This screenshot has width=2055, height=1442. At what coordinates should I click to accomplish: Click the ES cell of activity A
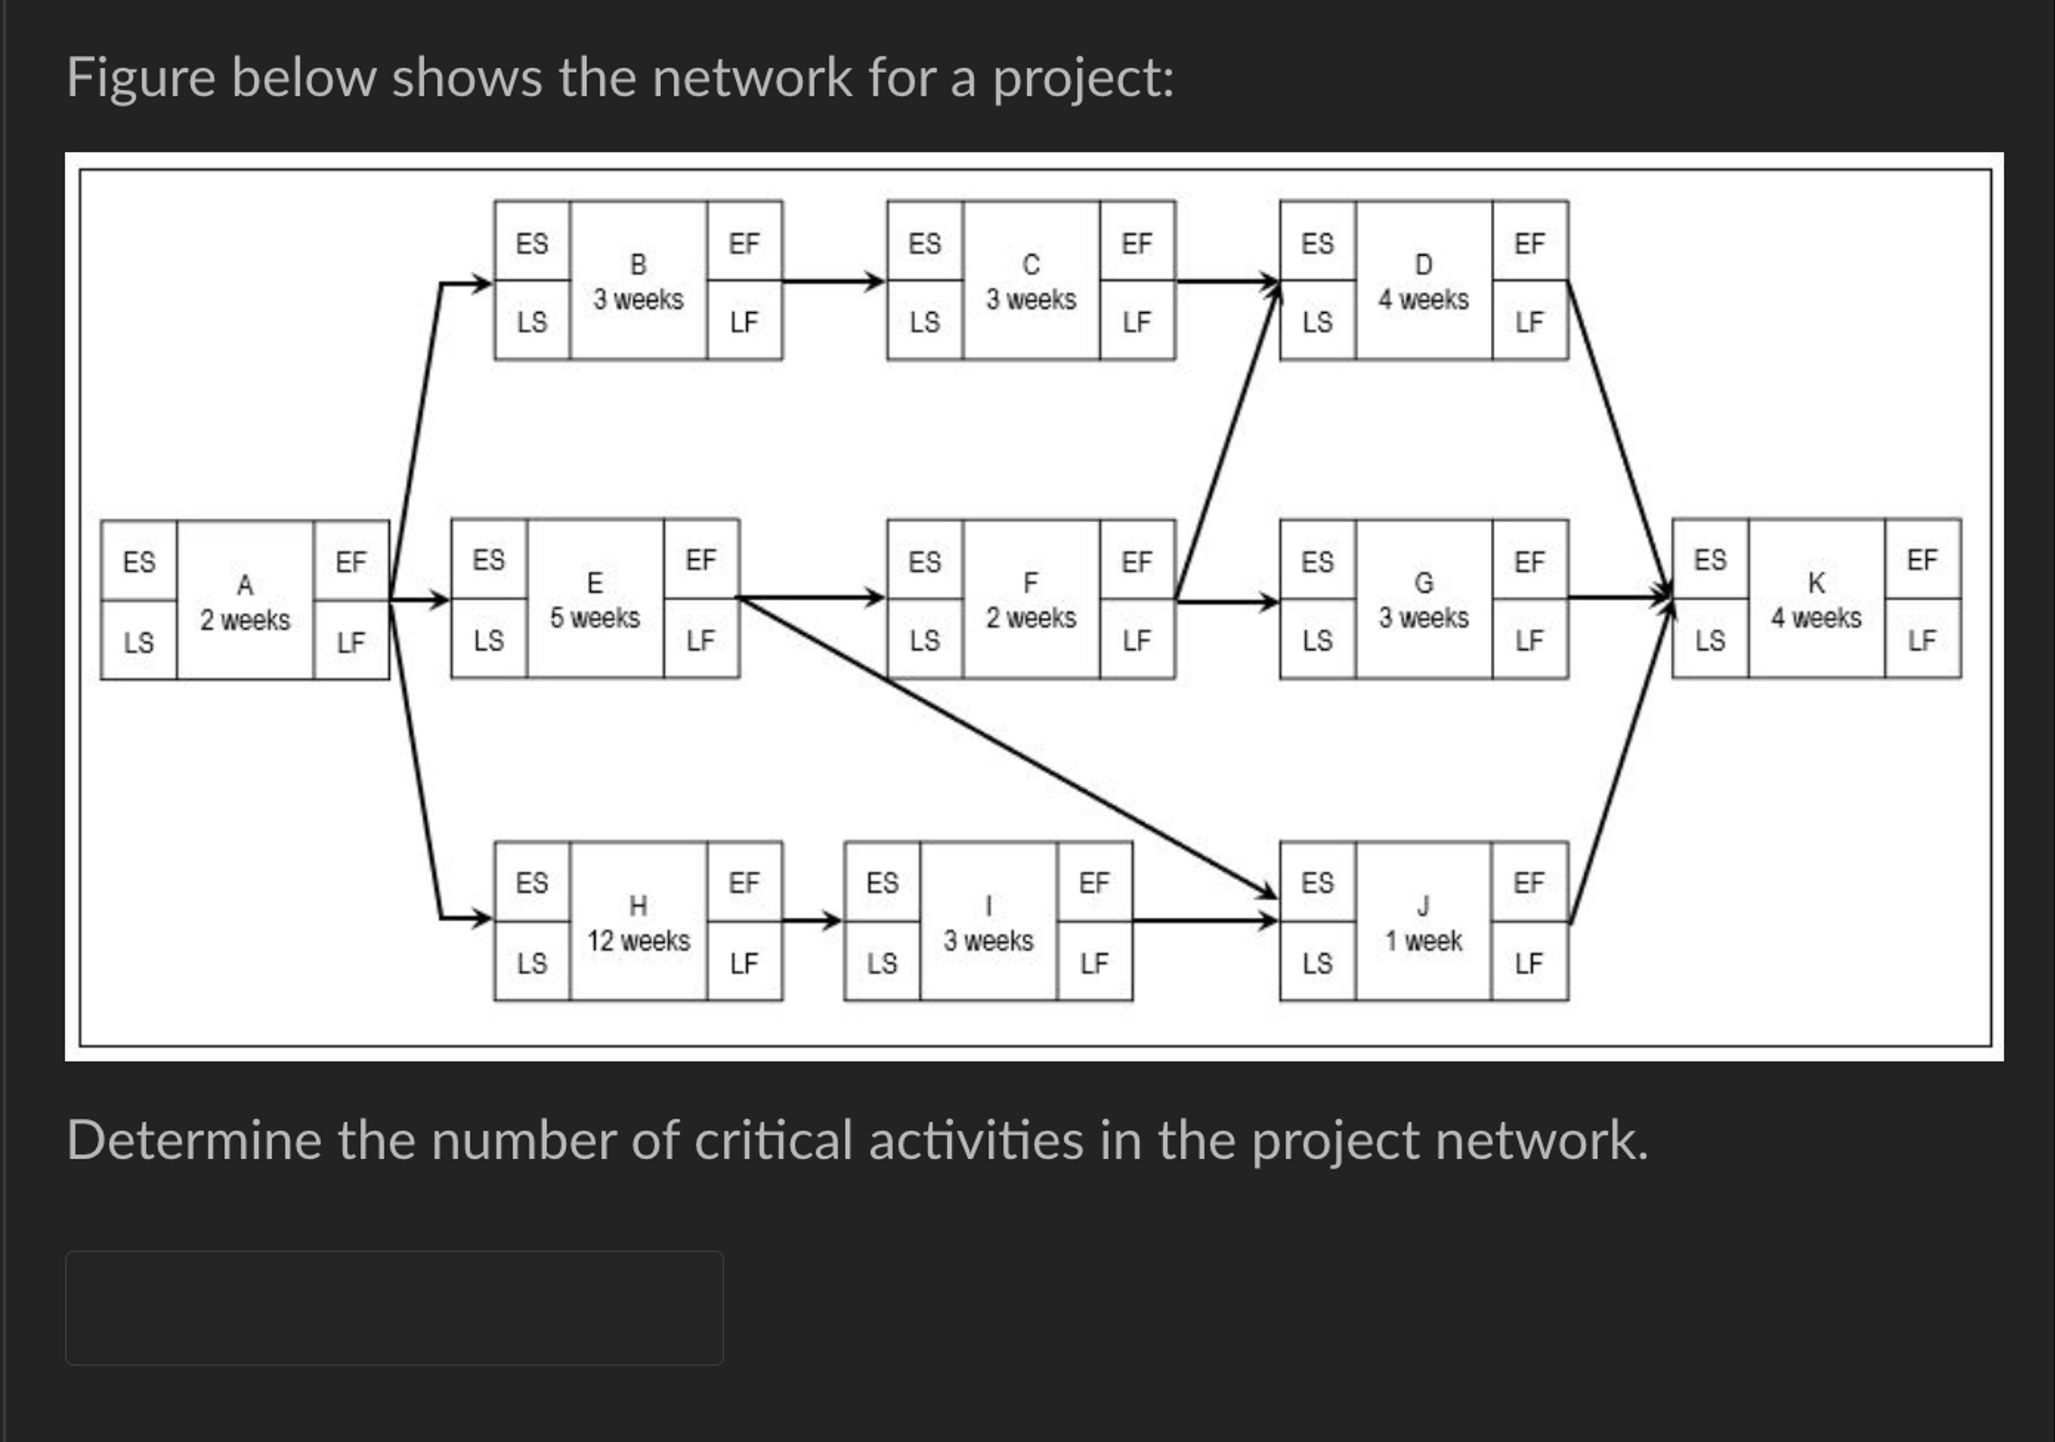click(x=139, y=562)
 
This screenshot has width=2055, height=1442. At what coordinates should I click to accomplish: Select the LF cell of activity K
click(x=1922, y=640)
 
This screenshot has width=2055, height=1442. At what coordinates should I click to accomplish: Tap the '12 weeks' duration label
click(x=638, y=941)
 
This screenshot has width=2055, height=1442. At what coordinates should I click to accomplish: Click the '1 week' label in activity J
click(x=1423, y=941)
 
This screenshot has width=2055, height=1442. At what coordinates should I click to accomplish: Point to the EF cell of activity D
click(x=1530, y=242)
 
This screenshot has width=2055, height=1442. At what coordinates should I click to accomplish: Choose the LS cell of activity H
click(x=531, y=963)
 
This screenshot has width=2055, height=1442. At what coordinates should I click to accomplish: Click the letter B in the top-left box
click(x=638, y=264)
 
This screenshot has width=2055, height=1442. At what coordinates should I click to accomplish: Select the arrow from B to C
click(x=832, y=282)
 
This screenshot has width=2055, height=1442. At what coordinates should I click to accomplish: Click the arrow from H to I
click(x=811, y=920)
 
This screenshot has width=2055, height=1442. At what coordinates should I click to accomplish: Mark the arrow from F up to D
click(x=1226, y=443)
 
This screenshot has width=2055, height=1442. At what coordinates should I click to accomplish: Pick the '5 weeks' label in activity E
click(x=594, y=618)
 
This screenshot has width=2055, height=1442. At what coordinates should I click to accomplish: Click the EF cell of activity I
click(x=1094, y=882)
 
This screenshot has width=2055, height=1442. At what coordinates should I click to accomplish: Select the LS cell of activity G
click(x=1317, y=641)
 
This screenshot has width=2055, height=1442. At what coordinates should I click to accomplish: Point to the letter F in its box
click(x=1030, y=582)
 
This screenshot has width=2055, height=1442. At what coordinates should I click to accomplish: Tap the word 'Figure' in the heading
click(x=140, y=77)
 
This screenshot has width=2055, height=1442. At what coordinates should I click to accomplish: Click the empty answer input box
click(x=394, y=1307)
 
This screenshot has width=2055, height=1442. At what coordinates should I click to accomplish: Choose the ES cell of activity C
click(x=924, y=242)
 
